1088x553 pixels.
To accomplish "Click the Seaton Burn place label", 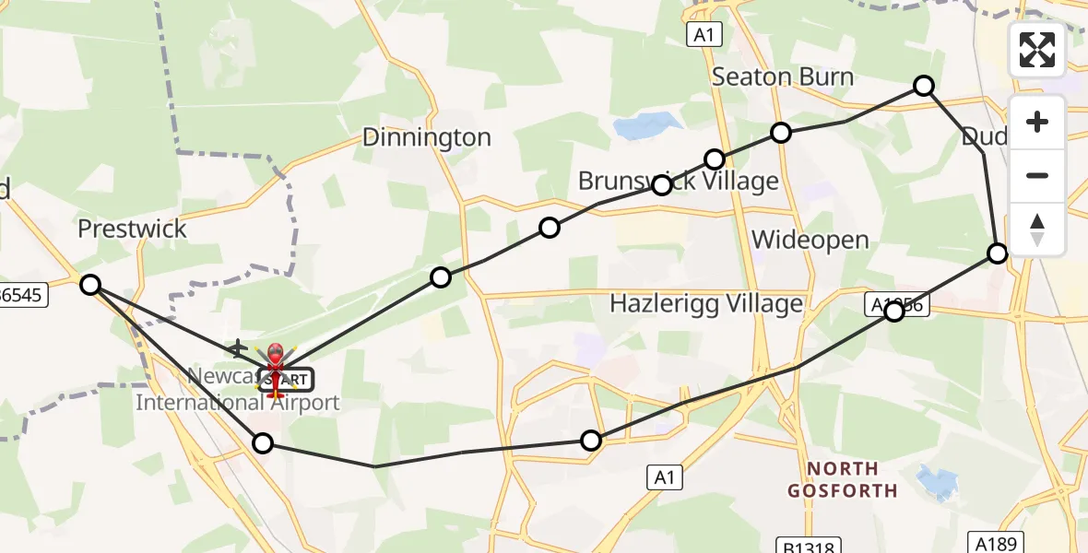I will pyautogui.click(x=783, y=76).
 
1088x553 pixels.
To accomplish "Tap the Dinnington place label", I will pyautogui.click(x=426, y=137).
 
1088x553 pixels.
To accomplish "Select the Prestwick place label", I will pyautogui.click(x=132, y=229).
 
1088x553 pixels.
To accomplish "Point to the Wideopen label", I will pyautogui.click(x=810, y=241).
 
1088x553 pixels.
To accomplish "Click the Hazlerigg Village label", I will pyautogui.click(x=706, y=303).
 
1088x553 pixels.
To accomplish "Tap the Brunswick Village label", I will pyautogui.click(x=679, y=182).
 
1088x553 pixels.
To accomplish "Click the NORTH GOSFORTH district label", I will pyautogui.click(x=842, y=479).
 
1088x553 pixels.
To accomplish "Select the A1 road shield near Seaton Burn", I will pyautogui.click(x=704, y=35).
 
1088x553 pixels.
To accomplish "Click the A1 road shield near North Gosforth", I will pyautogui.click(x=664, y=477).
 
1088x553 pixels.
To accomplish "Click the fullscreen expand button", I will pyautogui.click(x=1037, y=50).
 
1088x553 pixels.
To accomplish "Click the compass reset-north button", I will pyautogui.click(x=1037, y=229).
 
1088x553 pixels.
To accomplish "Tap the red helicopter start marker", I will pyautogui.click(x=276, y=367).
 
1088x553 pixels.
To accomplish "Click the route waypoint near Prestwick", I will pyautogui.click(x=90, y=285).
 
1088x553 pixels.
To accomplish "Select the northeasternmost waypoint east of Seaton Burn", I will pyautogui.click(x=924, y=86).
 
